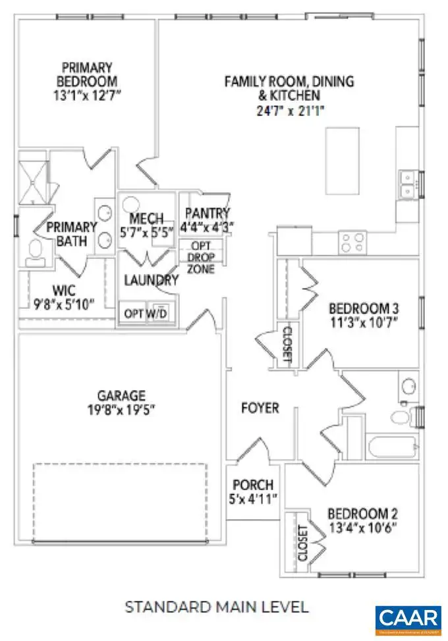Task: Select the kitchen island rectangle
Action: click(x=342, y=160)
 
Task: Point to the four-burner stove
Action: click(x=352, y=242)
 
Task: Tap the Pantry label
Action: click(x=208, y=213)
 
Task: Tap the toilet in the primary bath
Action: click(x=36, y=251)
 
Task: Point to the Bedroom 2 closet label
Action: click(x=303, y=542)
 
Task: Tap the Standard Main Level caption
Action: click(x=217, y=605)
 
